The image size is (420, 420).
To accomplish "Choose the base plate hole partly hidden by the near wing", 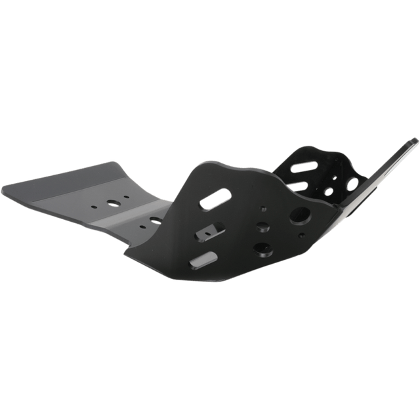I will pyautogui.click(x=155, y=219).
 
